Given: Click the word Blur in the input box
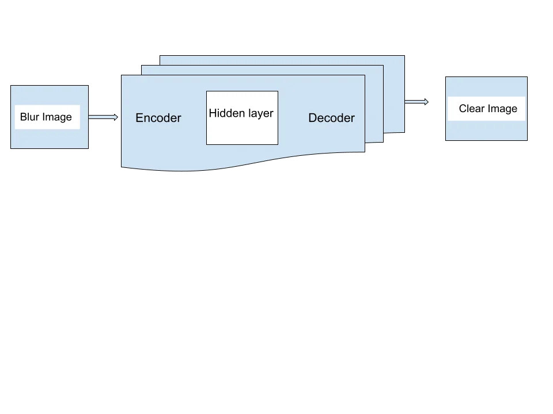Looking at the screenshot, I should tap(29, 117).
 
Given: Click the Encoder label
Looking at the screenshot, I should tap(158, 118).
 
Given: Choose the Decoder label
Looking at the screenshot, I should tap(331, 118).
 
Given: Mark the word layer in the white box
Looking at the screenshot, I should tap(260, 113).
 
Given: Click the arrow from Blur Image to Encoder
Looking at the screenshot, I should tap(103, 117).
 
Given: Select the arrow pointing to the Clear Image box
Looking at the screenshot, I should tap(416, 102).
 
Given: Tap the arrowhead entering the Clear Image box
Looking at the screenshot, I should tap(427, 102).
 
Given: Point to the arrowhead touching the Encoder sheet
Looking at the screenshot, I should tap(116, 117).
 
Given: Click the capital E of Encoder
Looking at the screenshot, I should tap(139, 118).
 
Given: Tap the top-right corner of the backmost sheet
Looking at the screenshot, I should tap(404, 56).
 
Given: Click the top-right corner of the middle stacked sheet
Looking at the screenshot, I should tap(383, 66).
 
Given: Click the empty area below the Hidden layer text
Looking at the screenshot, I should tap(242, 132).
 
